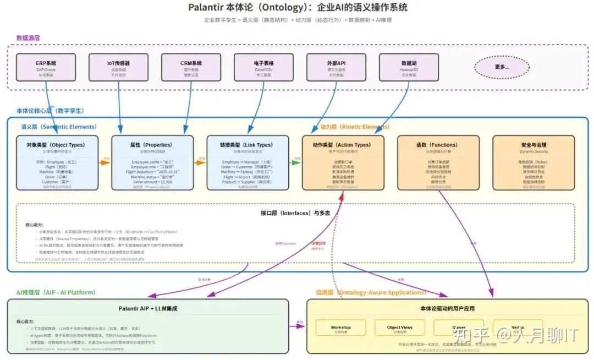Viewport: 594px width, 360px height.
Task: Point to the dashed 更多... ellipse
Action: click(502, 67)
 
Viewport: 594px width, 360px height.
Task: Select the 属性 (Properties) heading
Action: click(151, 145)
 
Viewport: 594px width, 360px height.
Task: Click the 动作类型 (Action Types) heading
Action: click(342, 145)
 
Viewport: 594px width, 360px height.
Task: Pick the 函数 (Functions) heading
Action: click(437, 145)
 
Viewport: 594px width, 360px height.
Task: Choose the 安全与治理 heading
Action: click(532, 145)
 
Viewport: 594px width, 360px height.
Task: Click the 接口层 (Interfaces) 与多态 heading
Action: click(295, 212)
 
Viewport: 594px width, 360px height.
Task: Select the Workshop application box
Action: click(340, 328)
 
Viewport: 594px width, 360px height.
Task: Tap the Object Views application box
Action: click(400, 328)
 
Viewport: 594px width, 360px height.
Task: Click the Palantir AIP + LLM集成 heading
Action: click(148, 308)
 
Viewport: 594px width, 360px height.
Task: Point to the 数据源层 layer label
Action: click(28, 38)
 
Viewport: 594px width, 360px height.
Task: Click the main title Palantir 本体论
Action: click(298, 8)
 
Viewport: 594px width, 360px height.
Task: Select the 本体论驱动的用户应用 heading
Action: click(447, 308)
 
